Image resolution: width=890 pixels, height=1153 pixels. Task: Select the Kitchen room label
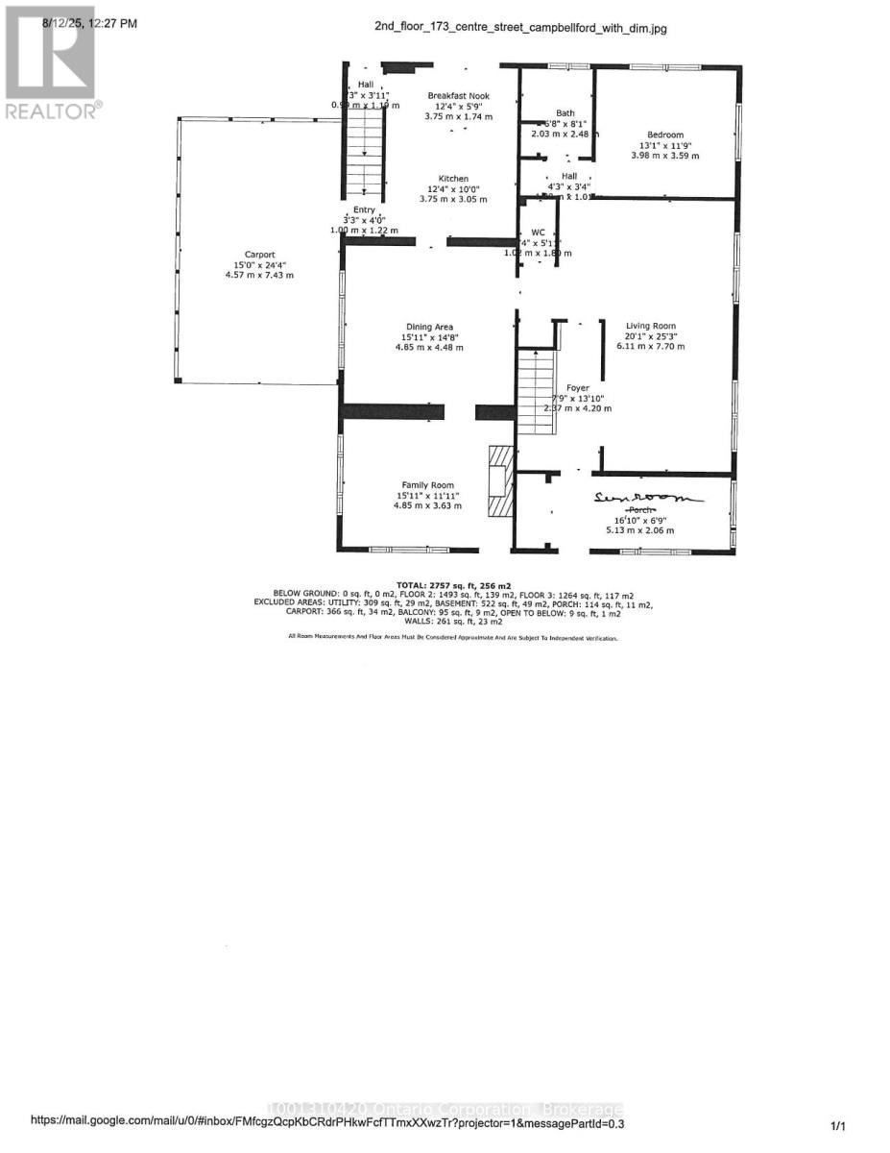click(x=453, y=179)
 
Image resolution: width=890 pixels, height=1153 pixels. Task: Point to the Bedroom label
click(x=664, y=135)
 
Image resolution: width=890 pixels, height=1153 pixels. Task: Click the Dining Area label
click(x=428, y=327)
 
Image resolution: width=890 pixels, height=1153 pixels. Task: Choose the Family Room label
click(x=428, y=485)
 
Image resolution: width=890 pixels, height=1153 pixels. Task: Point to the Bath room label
click(x=565, y=113)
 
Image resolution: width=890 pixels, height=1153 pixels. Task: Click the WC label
click(x=538, y=233)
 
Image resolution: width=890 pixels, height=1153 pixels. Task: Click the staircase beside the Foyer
click(x=536, y=384)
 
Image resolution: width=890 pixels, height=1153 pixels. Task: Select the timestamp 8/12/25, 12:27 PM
click(x=89, y=22)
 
